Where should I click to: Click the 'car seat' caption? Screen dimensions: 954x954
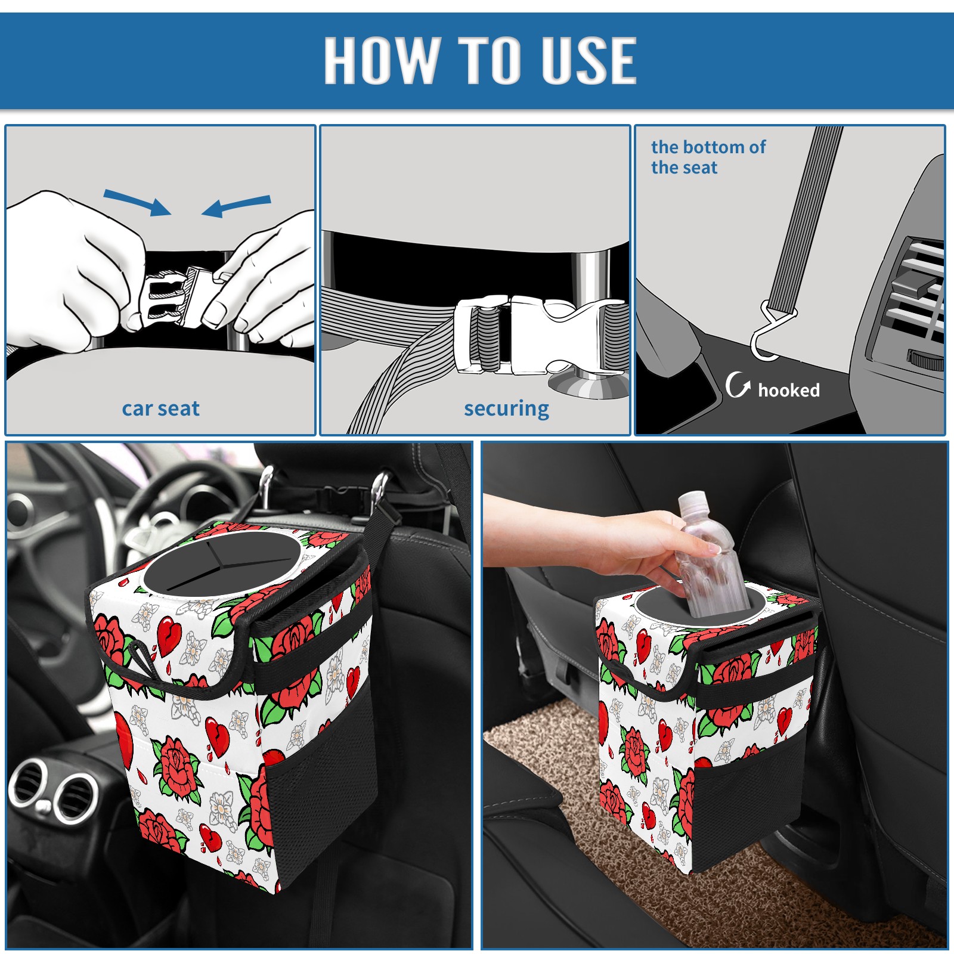coord(160,408)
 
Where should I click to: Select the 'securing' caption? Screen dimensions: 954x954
coord(506,408)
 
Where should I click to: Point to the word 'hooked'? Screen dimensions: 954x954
coord(789,390)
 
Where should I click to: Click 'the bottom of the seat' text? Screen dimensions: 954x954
coord(708,157)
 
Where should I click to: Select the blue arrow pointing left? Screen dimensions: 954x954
coord(236,206)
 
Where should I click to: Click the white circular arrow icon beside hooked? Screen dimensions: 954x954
coord(738,385)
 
